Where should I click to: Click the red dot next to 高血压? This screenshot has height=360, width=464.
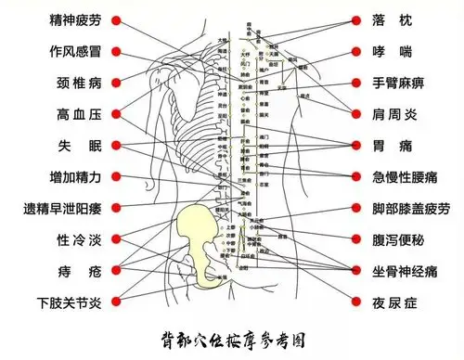115,114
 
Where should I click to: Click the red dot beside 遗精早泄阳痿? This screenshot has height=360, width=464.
115,208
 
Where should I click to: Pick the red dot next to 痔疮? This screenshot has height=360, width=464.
115,270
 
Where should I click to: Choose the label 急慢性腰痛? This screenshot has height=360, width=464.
406,176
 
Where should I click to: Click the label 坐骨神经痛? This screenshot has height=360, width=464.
406,270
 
